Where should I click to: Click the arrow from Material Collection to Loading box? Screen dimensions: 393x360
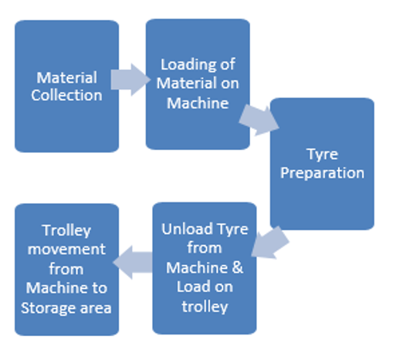click(x=130, y=80)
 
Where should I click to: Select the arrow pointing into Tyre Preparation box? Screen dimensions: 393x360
click(x=259, y=121)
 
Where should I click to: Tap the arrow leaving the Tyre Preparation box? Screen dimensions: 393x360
click(x=270, y=243)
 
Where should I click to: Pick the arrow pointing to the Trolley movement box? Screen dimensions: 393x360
click(x=133, y=262)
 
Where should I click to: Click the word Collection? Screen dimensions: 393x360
click(x=66, y=95)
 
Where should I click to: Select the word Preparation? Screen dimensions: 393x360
click(x=322, y=173)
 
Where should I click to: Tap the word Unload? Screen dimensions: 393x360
click(x=187, y=229)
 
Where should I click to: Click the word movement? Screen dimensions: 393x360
click(x=66, y=250)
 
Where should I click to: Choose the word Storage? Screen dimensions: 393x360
click(x=49, y=308)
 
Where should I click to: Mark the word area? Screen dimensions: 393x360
click(x=96, y=308)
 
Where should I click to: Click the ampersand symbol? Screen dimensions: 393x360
click(x=237, y=267)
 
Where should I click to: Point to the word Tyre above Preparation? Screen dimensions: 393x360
click(x=322, y=155)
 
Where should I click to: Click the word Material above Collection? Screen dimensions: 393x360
click(x=66, y=77)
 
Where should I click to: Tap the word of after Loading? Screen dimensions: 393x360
click(x=228, y=64)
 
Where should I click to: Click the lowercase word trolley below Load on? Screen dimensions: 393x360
click(x=205, y=307)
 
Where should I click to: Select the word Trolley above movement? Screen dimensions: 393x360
click(x=66, y=230)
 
